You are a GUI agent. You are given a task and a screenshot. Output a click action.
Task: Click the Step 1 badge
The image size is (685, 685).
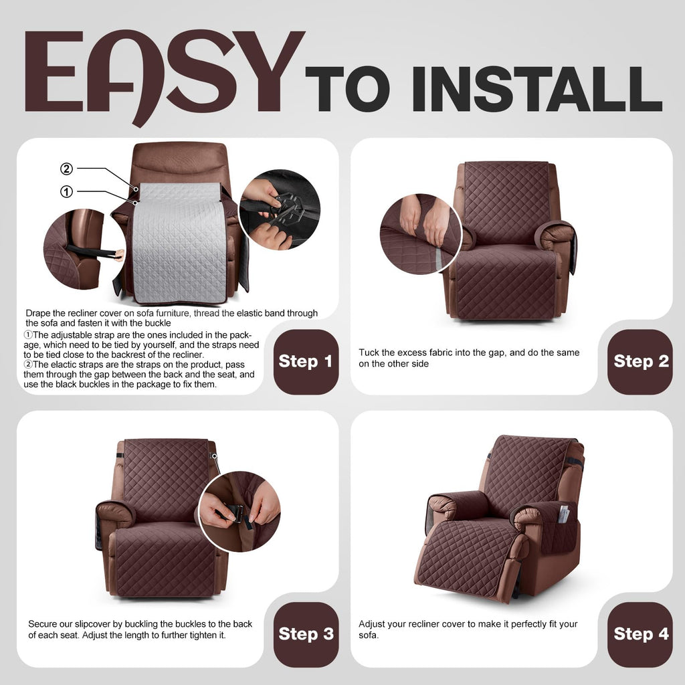pyautogui.click(x=306, y=362)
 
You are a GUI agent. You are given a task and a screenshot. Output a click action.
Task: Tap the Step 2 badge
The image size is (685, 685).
pyautogui.click(x=640, y=362)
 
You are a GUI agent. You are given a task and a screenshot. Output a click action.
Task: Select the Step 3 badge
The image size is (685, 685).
pyautogui.click(x=306, y=634)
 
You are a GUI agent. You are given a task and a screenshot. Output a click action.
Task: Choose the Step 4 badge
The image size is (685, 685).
pyautogui.click(x=640, y=634)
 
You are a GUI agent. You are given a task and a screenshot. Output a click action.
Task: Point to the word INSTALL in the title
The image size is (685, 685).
pyautogui.click(x=536, y=89)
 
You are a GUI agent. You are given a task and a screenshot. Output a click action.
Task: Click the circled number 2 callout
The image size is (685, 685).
pyautogui.click(x=66, y=169)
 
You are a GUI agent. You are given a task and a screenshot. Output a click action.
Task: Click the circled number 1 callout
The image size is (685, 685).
pyautogui.click(x=66, y=191)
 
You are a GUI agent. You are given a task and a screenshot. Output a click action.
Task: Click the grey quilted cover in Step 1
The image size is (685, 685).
pyautogui.click(x=179, y=242)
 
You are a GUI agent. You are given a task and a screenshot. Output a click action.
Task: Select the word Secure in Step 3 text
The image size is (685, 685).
pyautogui.click(x=43, y=624)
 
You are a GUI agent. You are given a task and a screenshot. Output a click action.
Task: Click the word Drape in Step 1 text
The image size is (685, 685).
pyautogui.click(x=37, y=313)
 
